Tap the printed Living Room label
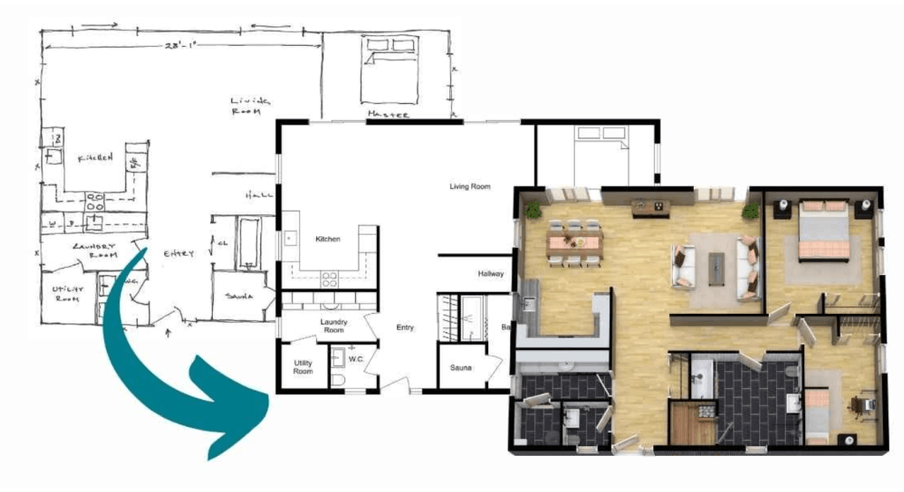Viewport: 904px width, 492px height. click(x=470, y=187)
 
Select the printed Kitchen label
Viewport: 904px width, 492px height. click(x=328, y=239)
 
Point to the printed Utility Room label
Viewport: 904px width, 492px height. click(x=303, y=367)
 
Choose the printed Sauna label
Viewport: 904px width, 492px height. click(x=461, y=366)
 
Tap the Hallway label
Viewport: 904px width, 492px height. click(x=491, y=273)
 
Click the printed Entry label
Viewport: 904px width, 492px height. click(x=404, y=328)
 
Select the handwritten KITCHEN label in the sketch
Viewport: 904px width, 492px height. click(x=95, y=158)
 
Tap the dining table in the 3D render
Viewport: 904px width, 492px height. click(x=574, y=241)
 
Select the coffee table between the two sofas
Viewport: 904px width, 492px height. click(x=716, y=267)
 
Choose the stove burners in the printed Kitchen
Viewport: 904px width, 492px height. click(x=329, y=279)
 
